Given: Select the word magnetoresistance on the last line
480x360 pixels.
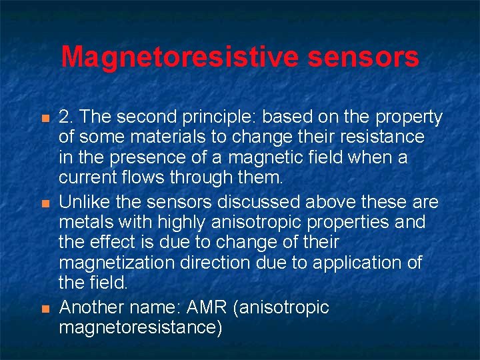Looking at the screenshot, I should (140, 328).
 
